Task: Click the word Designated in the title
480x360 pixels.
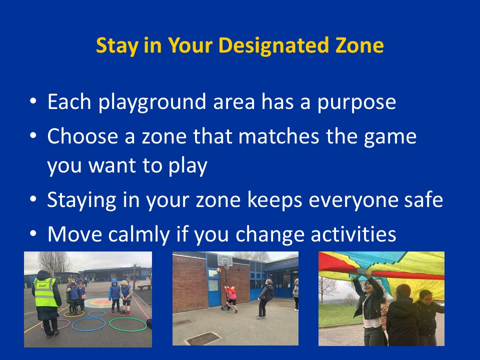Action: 273,45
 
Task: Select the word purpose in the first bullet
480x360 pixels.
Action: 356,103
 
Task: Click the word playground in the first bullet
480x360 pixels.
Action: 152,102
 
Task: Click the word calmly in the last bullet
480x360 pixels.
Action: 139,235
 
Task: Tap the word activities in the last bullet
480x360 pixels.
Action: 353,234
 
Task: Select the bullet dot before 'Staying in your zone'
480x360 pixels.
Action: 33,199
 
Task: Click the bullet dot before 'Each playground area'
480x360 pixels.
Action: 33,100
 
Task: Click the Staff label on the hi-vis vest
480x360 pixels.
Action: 42,285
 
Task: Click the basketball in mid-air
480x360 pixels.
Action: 218,270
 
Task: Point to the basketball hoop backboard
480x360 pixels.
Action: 224,260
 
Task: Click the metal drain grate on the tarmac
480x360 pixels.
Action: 203,338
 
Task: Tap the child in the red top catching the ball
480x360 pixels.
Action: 231,298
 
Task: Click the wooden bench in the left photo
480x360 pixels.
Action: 144,287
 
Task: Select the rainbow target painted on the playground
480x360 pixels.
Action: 100,303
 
